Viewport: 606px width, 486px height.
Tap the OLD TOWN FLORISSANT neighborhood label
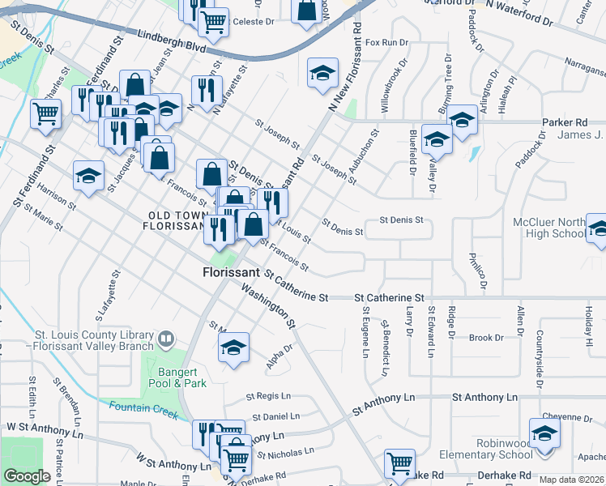(x=175, y=220)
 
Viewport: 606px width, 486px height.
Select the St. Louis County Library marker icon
(x=166, y=337)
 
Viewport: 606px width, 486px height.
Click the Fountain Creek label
(x=143, y=410)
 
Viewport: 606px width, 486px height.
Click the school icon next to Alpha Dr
(x=233, y=348)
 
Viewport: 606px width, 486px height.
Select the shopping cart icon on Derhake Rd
(x=399, y=464)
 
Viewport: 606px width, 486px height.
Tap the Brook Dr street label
(x=486, y=338)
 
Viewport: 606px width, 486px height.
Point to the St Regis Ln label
(x=268, y=397)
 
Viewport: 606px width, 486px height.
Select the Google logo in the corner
(x=27, y=477)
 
